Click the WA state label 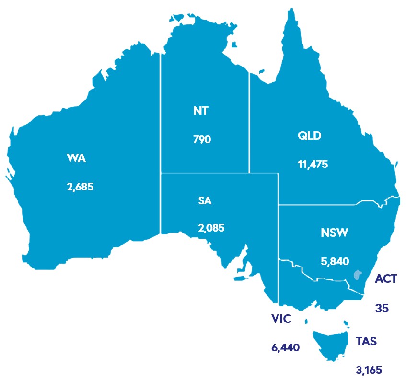77,159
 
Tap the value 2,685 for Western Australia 80,187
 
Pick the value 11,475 313,164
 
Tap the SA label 205,200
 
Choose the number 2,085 211,228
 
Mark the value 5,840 334,261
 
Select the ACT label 386,278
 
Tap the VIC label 281,319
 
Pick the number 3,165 368,369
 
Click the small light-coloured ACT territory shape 357,275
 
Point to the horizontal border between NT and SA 205,173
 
